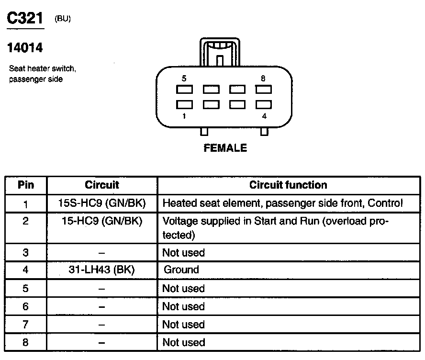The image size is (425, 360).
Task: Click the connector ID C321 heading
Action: [x=24, y=19]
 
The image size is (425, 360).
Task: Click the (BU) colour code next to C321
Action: [x=63, y=20]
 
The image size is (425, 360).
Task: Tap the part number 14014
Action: [x=25, y=48]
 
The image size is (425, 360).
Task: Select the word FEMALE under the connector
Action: [x=225, y=148]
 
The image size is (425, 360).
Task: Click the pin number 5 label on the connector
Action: [x=184, y=78]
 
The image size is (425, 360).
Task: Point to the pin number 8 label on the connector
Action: [x=263, y=78]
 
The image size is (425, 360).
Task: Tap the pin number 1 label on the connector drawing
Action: [x=184, y=116]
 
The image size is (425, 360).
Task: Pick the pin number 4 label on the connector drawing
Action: [x=264, y=116]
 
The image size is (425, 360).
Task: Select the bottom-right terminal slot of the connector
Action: [x=264, y=104]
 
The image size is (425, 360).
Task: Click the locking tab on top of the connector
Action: [x=220, y=53]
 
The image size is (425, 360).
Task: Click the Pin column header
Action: [x=26, y=185]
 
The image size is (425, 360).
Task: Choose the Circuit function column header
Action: [x=288, y=185]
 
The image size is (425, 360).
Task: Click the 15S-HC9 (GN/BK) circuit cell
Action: [x=101, y=203]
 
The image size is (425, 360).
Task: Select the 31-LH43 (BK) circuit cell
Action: [x=101, y=270]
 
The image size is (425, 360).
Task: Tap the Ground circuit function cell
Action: [x=181, y=270]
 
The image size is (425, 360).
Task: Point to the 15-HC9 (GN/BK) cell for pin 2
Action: [x=101, y=222]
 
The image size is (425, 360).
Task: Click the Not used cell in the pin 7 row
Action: [x=183, y=325]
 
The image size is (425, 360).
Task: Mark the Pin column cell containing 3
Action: [x=26, y=253]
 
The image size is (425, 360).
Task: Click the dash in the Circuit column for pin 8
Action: [x=101, y=343]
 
